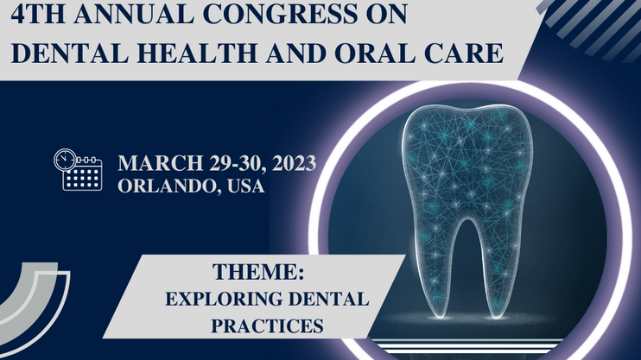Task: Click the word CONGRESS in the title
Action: (281, 14)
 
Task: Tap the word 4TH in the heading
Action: (38, 14)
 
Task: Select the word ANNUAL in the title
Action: (134, 14)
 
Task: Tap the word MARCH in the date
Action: (161, 163)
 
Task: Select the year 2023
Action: (294, 163)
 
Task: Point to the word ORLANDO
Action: (167, 186)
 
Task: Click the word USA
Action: (245, 186)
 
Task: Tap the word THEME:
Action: (258, 272)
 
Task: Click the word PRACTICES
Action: (267, 325)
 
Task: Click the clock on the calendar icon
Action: (65, 160)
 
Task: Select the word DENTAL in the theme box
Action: (328, 299)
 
